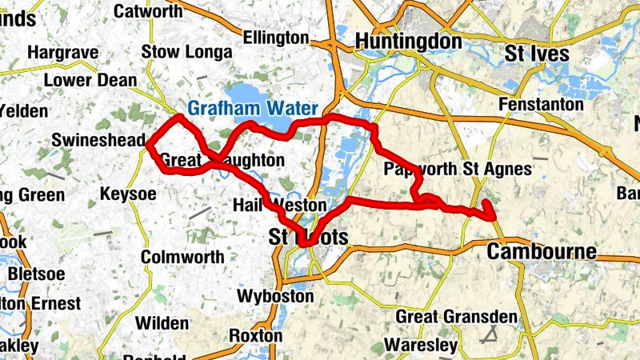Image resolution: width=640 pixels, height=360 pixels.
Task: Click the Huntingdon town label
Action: [x=408, y=41]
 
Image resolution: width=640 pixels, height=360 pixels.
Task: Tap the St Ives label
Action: [x=537, y=54]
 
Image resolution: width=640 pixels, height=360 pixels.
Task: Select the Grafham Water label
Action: [x=253, y=108]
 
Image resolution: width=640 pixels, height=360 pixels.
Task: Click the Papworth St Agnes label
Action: [x=458, y=169]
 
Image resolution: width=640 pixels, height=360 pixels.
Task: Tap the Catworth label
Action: [x=149, y=11]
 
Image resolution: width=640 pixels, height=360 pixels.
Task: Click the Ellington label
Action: [x=275, y=38]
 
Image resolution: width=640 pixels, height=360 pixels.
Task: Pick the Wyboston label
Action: [x=276, y=296]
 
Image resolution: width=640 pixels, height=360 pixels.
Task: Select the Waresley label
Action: [x=421, y=346]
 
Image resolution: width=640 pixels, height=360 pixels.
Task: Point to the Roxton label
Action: [x=256, y=336]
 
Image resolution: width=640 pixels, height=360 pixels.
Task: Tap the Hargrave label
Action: [x=62, y=53]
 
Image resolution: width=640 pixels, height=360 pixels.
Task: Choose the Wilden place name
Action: [x=162, y=324]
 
